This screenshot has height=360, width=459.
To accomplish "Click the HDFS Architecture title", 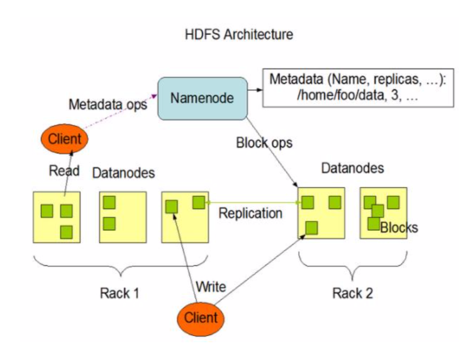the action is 239,34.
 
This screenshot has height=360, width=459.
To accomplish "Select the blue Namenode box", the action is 203,99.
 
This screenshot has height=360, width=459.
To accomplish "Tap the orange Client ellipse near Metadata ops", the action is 65,139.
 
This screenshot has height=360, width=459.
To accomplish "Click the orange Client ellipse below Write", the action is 201,318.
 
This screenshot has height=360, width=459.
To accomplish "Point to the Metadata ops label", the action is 108,105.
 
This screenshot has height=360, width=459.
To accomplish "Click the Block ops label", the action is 264,143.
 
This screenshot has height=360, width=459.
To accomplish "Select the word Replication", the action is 251,213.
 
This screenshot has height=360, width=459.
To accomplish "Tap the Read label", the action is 64,171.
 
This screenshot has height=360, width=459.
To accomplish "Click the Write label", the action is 211,286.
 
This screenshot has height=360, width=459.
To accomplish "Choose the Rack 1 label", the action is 119,293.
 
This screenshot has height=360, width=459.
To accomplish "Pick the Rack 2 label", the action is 353,293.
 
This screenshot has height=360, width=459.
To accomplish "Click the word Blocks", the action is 399,227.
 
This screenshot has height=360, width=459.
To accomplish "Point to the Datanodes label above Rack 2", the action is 353,168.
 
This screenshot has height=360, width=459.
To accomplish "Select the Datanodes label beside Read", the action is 124,173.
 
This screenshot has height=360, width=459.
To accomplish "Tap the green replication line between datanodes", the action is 253,202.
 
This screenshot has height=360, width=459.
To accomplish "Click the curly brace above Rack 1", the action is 121,266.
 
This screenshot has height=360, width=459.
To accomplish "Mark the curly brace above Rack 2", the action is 353,266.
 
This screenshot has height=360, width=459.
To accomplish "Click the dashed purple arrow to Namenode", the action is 119,111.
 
